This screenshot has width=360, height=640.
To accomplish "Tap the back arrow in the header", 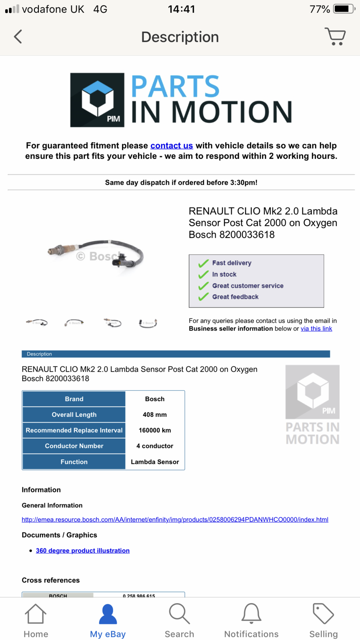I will click(18, 37).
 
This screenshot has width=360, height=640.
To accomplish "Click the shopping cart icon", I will click(335, 36).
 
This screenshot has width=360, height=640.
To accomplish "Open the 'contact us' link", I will click(172, 146).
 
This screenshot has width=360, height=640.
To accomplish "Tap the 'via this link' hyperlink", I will click(316, 329).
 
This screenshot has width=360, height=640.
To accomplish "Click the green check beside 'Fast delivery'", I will click(204, 263).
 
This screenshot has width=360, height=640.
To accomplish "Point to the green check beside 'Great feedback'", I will click(204, 297).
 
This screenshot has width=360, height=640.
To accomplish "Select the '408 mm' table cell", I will click(155, 415).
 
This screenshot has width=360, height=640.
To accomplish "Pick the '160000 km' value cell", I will click(155, 430).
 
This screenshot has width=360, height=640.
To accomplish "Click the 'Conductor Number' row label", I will click(74, 446).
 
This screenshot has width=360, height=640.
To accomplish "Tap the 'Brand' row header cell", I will click(74, 399).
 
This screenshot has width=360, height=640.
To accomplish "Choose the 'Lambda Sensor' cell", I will click(155, 462).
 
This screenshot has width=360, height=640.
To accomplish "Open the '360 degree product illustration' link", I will click(83, 551).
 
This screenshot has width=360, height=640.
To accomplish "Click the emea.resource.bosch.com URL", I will click(175, 520).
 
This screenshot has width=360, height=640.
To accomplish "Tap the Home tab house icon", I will click(36, 614).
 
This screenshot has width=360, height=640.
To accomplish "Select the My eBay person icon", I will click(108, 614).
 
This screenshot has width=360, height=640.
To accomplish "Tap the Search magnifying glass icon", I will click(179, 614).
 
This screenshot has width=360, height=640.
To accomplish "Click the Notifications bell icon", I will click(251, 614).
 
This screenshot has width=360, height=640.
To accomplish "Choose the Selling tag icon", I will click(323, 614).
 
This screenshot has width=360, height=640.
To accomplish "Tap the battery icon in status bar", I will click(344, 9).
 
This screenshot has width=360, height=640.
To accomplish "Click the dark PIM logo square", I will click(97, 100).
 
